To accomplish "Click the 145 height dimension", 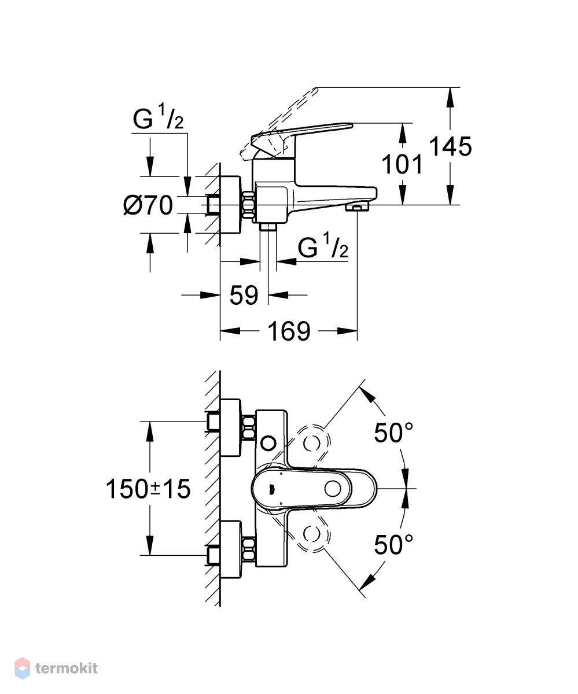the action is click(450, 146).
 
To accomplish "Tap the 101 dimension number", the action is click(402, 164).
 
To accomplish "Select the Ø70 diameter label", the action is click(148, 205).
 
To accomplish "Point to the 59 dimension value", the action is click(244, 295).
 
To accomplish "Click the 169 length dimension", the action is click(289, 331).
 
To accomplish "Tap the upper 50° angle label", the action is click(393, 433).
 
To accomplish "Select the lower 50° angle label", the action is click(393, 545).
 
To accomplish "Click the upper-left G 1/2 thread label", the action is click(158, 116).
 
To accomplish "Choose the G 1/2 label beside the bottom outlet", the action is click(323, 245).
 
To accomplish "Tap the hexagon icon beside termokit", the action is click(23, 668).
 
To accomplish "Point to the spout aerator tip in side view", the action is click(357, 208).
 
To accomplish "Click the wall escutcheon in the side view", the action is click(230, 205).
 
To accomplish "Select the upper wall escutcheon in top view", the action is click(230, 427).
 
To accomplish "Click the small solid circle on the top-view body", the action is click(268, 443).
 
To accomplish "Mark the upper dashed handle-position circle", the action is click(312, 443).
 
